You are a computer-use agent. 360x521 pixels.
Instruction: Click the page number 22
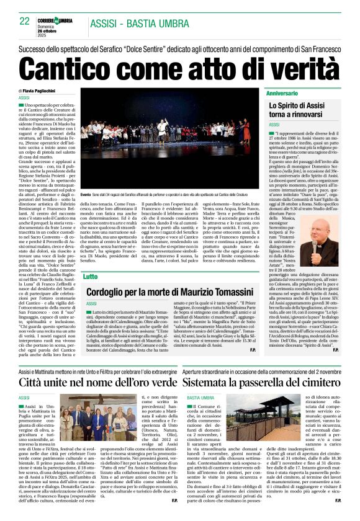pyautogui.click(x=25, y=21)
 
